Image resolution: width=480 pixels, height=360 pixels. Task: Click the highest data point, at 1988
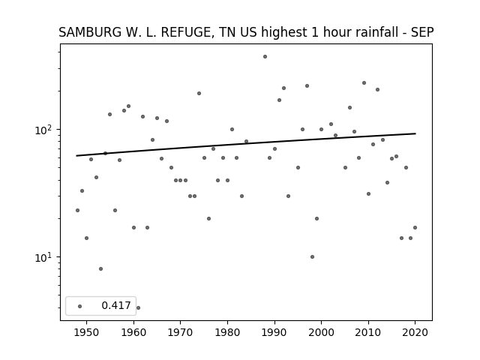click(265, 57)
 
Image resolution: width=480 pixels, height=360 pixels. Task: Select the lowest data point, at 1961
click(138, 307)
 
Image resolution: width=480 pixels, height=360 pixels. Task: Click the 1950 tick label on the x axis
click(87, 332)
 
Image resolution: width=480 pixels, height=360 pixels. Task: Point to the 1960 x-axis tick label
click(133, 332)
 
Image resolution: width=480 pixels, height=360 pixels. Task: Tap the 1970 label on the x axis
click(181, 332)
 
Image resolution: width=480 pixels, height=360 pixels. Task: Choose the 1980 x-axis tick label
click(227, 332)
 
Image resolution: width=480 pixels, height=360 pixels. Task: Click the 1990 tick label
click(274, 332)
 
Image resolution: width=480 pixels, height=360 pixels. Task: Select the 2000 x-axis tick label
click(322, 332)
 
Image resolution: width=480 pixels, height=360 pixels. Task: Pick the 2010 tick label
click(368, 332)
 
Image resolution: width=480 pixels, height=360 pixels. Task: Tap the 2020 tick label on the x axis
click(415, 332)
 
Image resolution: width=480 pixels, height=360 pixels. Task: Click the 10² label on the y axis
click(43, 130)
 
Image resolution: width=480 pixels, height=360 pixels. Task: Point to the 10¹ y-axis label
click(43, 257)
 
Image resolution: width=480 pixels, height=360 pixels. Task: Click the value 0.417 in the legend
click(116, 305)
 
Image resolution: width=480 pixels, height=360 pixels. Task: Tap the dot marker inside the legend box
click(80, 306)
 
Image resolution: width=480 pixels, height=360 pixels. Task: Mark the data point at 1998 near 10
click(312, 256)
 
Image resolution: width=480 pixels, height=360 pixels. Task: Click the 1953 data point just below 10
click(100, 268)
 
